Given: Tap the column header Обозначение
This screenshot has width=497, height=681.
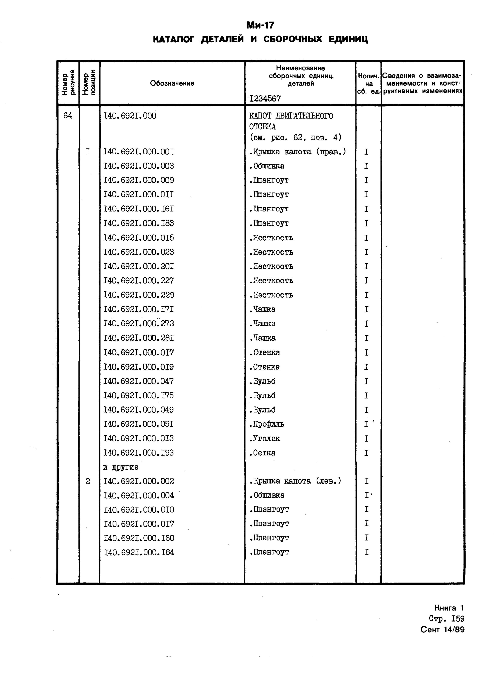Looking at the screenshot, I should [x=172, y=83].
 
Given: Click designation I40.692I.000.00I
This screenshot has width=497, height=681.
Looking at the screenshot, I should [x=139, y=152].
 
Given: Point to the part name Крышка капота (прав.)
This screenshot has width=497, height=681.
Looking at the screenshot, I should [x=298, y=152].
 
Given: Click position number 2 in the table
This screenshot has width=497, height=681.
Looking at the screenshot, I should [x=88, y=481].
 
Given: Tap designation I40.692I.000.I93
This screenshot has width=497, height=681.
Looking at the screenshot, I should [x=139, y=453].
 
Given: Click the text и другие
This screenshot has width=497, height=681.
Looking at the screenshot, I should [x=121, y=467].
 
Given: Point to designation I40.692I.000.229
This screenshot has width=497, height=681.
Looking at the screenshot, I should [x=139, y=295].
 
